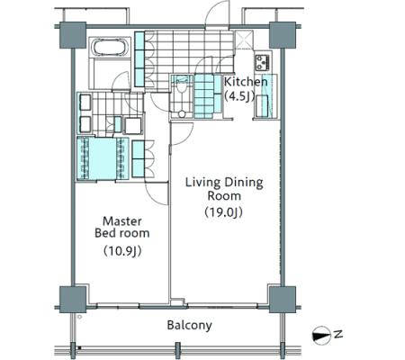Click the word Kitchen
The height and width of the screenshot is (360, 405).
(x=246, y=82)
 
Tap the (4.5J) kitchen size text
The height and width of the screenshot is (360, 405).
(x=239, y=96)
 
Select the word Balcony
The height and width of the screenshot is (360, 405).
(x=190, y=325)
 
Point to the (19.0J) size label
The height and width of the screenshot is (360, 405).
(x=223, y=212)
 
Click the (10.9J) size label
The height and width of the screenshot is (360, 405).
(x=122, y=251)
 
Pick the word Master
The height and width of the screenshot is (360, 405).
(x=122, y=221)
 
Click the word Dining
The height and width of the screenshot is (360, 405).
(x=244, y=183)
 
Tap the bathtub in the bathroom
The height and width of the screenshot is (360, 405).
(x=111, y=48)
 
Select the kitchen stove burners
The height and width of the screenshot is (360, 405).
(x=263, y=62)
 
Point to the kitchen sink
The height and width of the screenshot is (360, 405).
(x=262, y=104)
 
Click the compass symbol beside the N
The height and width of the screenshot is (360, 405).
(x=321, y=335)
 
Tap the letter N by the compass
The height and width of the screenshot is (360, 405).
(x=338, y=334)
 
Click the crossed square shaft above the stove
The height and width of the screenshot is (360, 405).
(x=244, y=39)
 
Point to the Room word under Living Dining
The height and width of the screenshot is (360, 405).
(x=224, y=196)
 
